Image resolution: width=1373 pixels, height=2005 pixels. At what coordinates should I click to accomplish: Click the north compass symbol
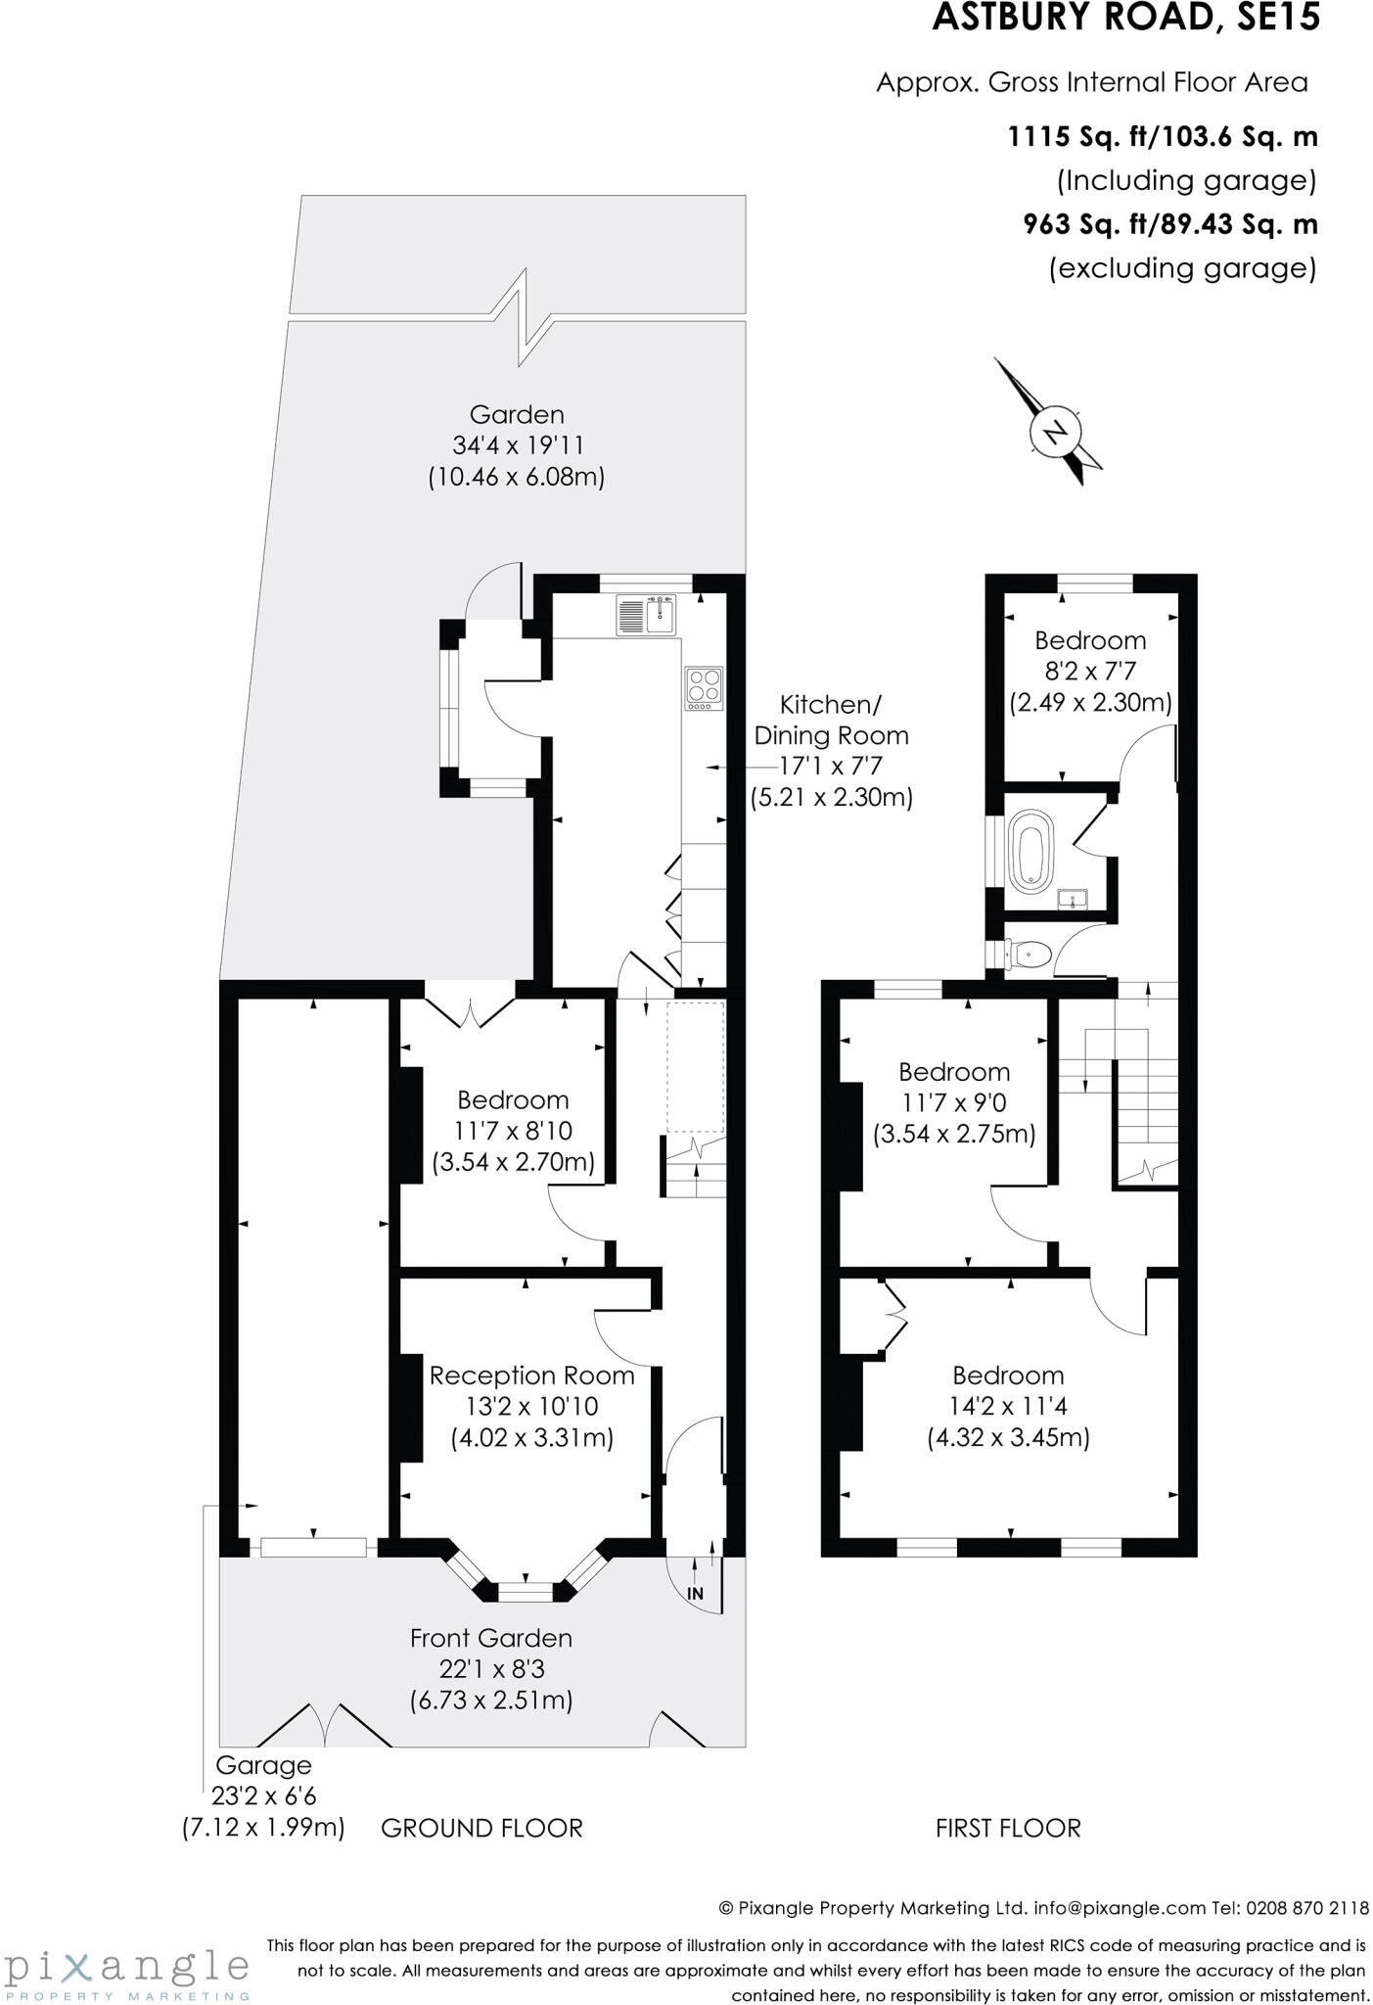coord(1053,432)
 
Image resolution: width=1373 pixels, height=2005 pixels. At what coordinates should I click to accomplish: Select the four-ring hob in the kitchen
coord(704,688)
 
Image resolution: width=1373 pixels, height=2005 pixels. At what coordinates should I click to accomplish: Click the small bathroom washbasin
coord(1073,897)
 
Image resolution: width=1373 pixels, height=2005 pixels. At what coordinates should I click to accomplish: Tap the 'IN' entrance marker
coord(695,1593)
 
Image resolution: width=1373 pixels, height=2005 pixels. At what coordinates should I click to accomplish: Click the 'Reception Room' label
coord(531,1376)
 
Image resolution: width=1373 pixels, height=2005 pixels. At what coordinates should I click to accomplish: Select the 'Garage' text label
coord(262,1765)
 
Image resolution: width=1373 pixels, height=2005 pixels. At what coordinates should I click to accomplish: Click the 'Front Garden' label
coord(490,1638)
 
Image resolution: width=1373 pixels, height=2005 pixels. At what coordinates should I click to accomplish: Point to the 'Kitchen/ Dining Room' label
coord(831,720)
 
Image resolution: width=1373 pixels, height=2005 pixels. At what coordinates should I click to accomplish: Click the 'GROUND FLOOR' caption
coord(481,1828)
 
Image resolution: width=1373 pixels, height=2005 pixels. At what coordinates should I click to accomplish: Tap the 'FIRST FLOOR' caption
coord(1008,1828)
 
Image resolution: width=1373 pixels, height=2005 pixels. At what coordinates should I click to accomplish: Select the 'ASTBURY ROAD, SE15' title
coord(1125,18)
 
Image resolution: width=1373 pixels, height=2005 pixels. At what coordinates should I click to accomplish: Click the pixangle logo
coord(127,1968)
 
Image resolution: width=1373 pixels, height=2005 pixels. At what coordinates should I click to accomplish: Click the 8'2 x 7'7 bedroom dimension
coord(1090,672)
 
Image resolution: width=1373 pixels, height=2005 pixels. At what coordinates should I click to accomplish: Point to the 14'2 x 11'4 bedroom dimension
coord(1008,1406)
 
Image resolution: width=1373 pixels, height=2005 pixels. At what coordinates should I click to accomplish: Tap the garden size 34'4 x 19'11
coord(518,445)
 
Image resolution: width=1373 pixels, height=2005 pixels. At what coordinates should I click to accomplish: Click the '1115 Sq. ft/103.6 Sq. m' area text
coord(1163,136)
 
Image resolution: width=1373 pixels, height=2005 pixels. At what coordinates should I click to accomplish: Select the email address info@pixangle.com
coord(1119,1907)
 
